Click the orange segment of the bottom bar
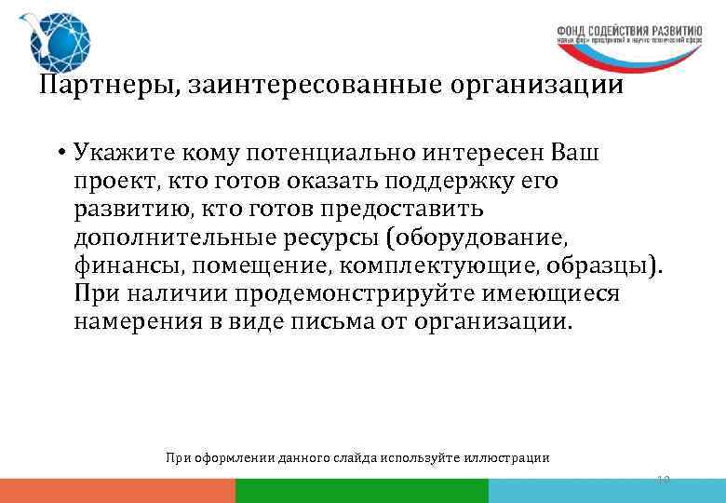tap(117, 491)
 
